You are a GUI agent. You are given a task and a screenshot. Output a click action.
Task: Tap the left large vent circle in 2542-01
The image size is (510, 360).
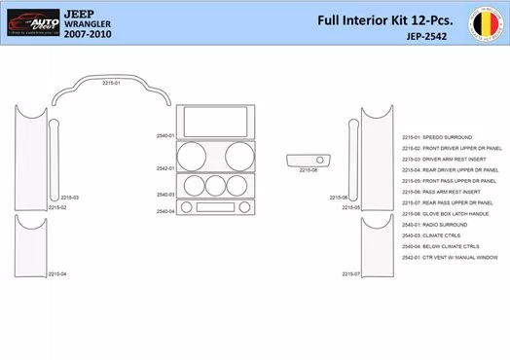pos(192,157)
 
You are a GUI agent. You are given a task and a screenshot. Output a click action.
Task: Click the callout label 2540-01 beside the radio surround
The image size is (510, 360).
pos(164,136)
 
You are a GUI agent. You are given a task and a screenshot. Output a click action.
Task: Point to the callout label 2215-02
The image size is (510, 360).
pos(57,207)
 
